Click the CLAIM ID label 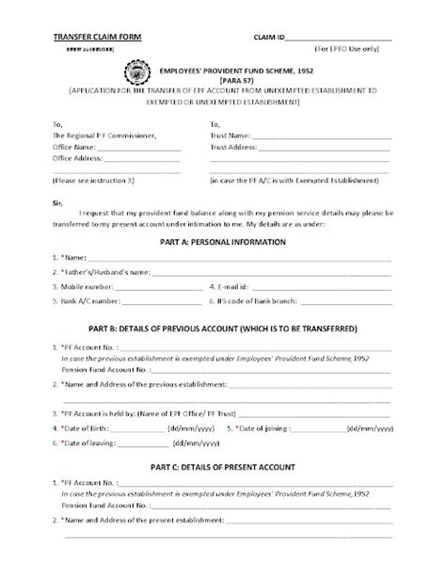[x=269, y=35]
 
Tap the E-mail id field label [x=234, y=286]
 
